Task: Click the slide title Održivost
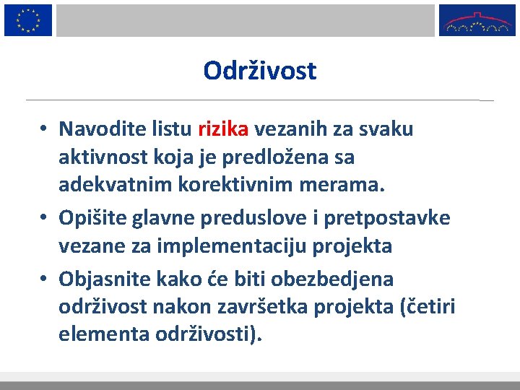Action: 260,71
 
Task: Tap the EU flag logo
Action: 28,20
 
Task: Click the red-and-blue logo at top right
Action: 477,20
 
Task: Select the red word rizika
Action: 223,129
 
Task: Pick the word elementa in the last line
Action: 94,334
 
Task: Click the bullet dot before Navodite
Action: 44,130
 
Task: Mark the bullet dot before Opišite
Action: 44,218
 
